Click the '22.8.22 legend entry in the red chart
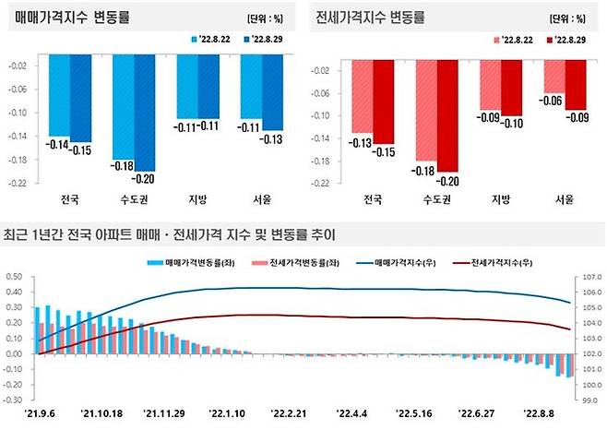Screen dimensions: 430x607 click(513, 40)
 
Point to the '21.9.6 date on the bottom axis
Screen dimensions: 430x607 click(43, 414)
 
